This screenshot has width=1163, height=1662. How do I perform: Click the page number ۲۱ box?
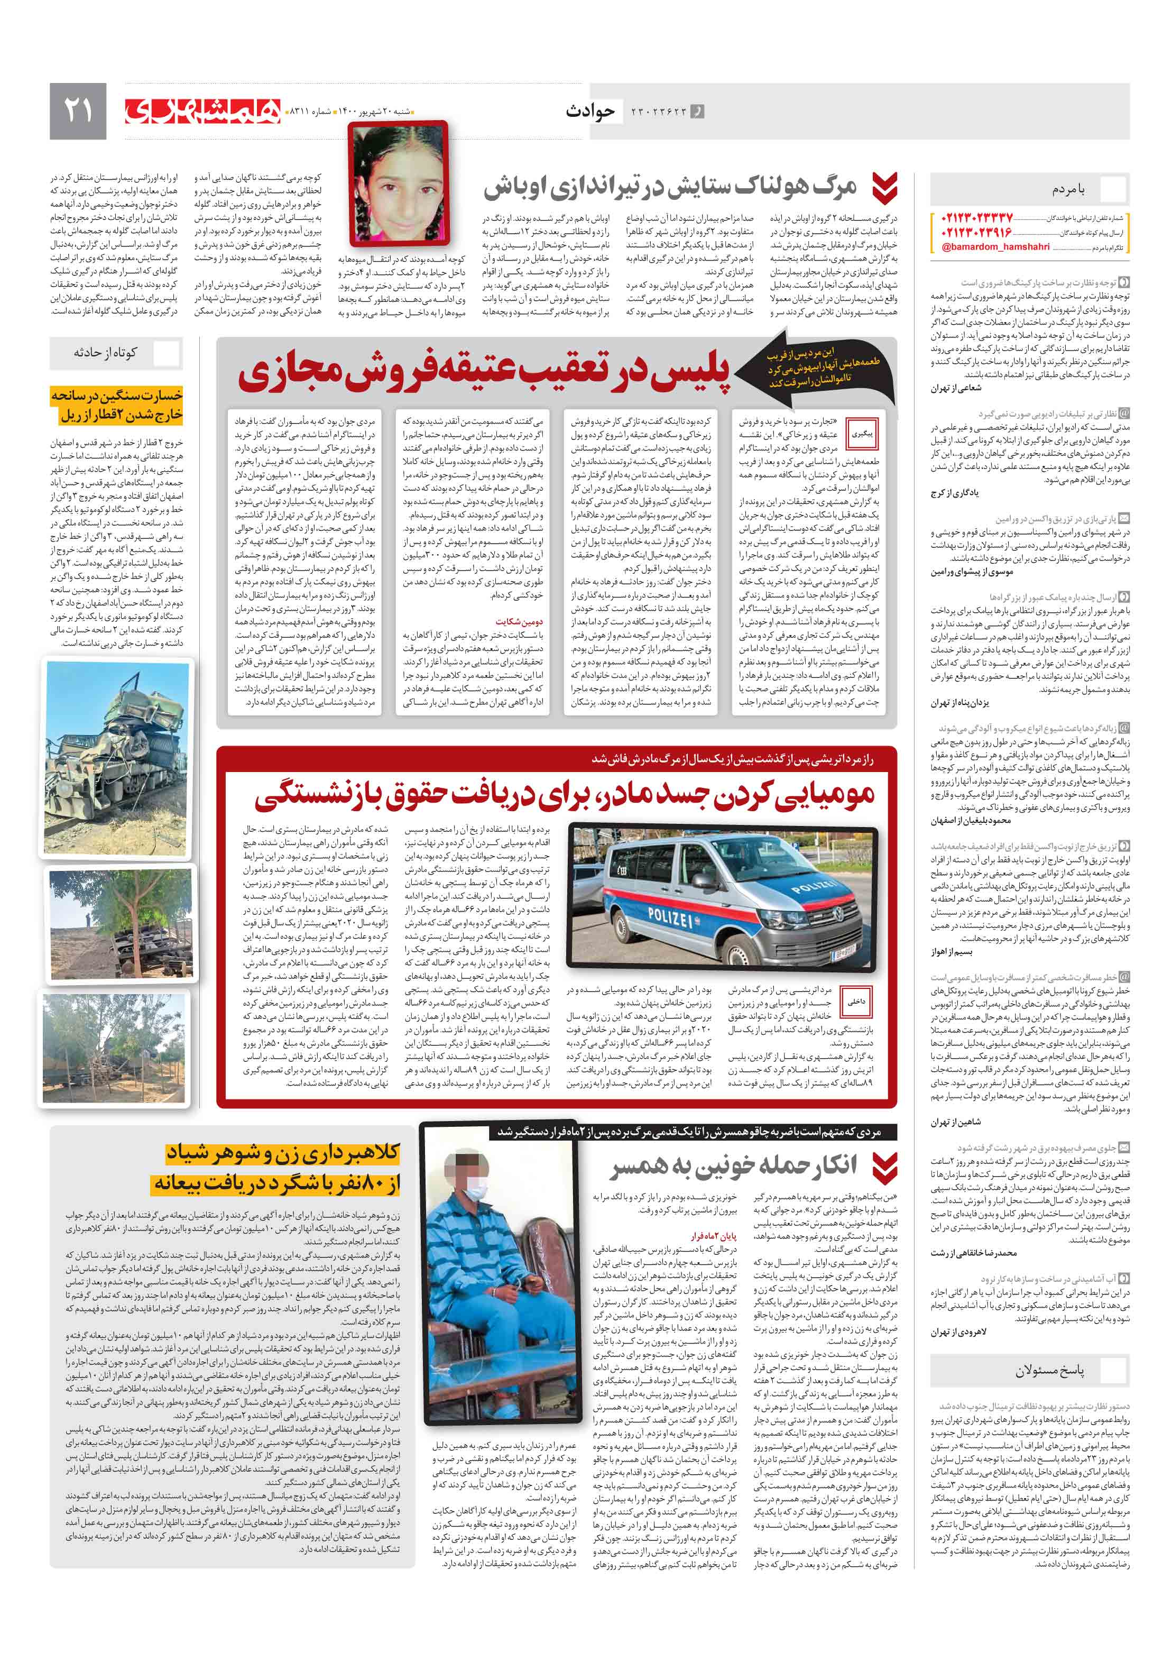[x=77, y=111]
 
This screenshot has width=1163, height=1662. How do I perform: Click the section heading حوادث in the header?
[x=590, y=111]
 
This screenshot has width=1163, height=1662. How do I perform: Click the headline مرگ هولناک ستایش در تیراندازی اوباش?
[x=669, y=188]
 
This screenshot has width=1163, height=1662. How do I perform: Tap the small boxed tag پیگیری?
[x=861, y=434]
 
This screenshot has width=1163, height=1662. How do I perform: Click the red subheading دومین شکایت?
[x=519, y=621]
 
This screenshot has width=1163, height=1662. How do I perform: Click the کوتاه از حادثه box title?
[x=105, y=353]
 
